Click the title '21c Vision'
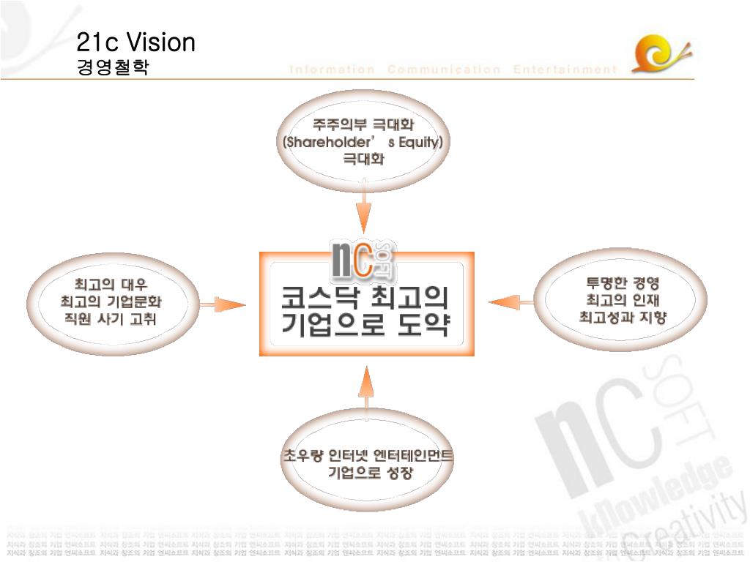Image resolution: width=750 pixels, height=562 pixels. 136,42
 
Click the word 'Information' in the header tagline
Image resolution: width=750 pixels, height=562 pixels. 332,70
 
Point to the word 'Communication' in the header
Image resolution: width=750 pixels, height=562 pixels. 444,70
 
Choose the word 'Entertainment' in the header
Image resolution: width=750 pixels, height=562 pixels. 565,70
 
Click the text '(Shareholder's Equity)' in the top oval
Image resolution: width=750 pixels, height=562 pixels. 363,142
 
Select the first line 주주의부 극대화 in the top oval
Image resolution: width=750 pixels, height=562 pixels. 363,124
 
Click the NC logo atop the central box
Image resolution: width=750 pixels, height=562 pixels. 364,260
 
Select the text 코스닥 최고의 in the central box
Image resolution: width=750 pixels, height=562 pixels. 365,298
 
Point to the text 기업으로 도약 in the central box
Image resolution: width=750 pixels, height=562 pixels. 365,326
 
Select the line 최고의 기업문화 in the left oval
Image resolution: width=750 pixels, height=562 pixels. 111,301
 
